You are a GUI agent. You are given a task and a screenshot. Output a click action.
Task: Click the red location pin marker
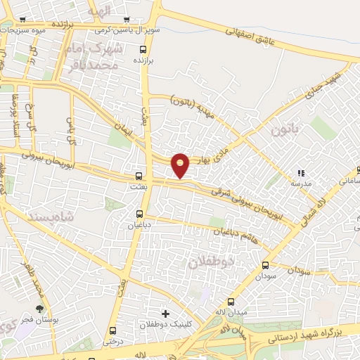[x=181, y=165]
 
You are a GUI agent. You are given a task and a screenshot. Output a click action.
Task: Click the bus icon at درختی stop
[x=112, y=331]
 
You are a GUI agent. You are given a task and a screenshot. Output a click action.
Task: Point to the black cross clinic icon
[x=165, y=313]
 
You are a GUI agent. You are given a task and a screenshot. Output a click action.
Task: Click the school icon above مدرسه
[x=302, y=173]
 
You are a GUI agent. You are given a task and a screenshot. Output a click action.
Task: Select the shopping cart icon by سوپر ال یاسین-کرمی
[x=127, y=20]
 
